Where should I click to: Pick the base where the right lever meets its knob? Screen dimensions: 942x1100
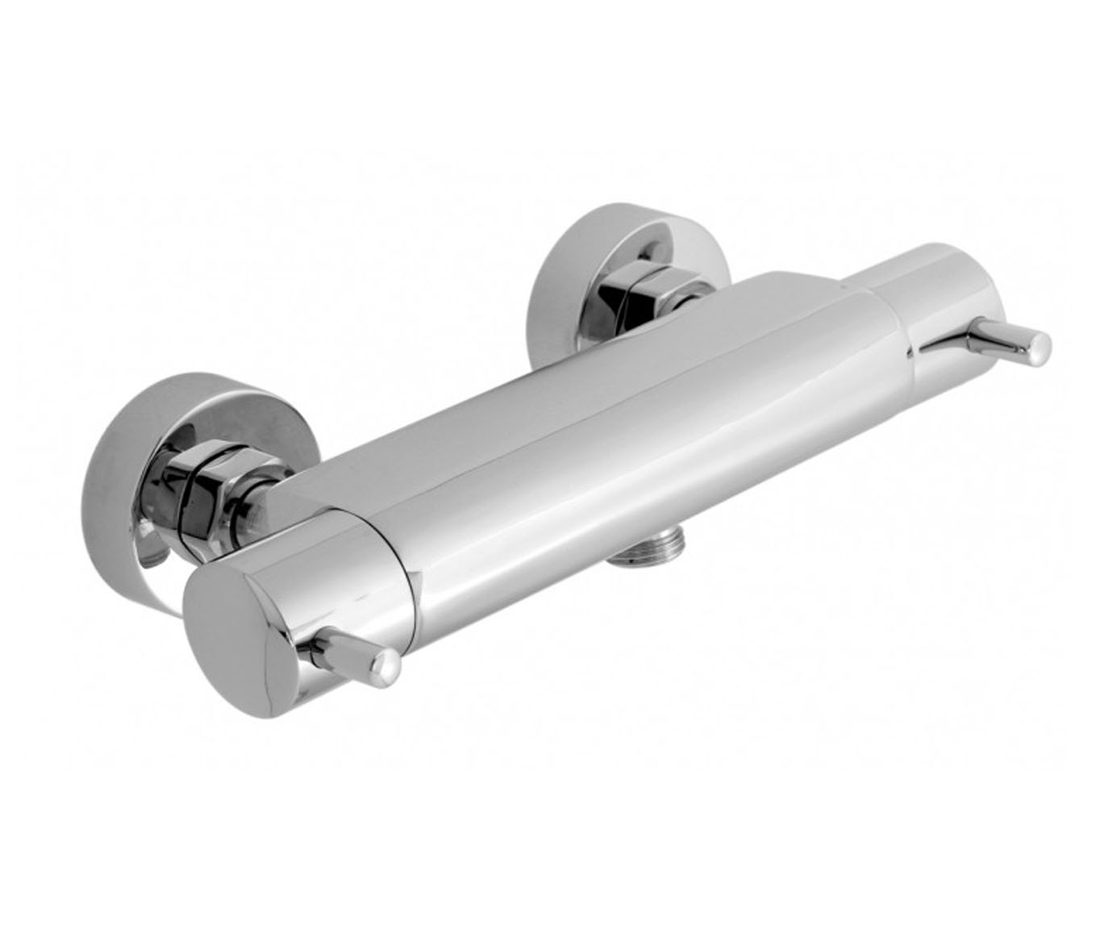[x=927, y=343]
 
